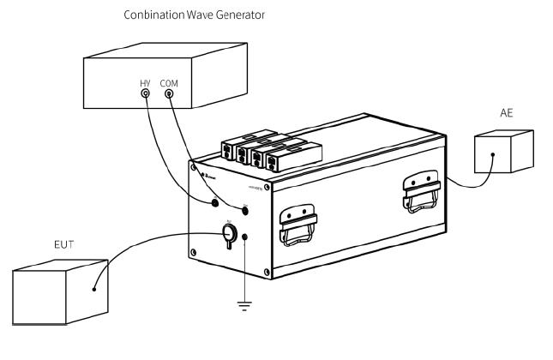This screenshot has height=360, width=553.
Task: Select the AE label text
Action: pos(508,113)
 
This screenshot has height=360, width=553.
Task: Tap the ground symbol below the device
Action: pos(246,305)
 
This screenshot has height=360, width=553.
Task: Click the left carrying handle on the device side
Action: pos(297,225)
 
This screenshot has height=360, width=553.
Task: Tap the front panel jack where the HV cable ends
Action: pos(215,203)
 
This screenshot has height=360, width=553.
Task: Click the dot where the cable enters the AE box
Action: pos(492,156)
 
